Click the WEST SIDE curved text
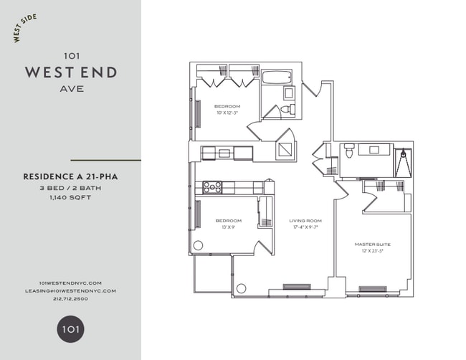[x=27, y=27]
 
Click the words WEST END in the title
[x=71, y=72]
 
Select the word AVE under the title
[x=70, y=89]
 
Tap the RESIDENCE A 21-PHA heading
[x=70, y=176]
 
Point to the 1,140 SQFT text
[x=70, y=197]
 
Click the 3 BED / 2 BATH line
[x=70, y=187]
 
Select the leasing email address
[x=70, y=291]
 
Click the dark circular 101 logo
[x=70, y=330]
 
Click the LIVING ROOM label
[x=305, y=220]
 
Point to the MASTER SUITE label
[x=372, y=244]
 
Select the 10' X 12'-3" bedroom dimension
[x=227, y=113]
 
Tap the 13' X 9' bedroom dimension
[x=228, y=227]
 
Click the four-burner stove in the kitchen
[x=212, y=187]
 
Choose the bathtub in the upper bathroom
[x=277, y=77]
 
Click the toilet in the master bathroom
[x=350, y=152]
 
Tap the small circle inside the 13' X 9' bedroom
[x=198, y=245]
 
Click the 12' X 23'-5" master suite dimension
[x=372, y=251]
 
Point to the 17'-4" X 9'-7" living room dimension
[x=305, y=227]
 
